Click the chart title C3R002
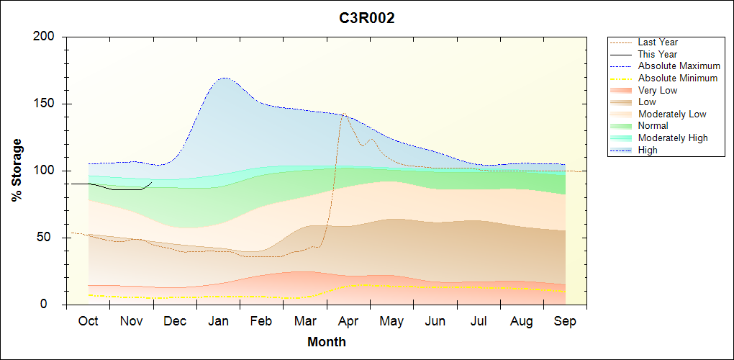tap(367, 19)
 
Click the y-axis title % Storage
tap(17, 170)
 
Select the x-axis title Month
tap(327, 342)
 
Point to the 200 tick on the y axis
tap(45, 37)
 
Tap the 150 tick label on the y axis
tap(45, 104)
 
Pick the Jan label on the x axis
tap(218, 322)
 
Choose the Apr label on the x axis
tap(348, 322)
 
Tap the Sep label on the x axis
tap(565, 322)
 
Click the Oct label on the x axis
tap(88, 322)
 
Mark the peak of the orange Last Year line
tap(343, 114)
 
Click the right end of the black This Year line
tap(152, 182)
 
